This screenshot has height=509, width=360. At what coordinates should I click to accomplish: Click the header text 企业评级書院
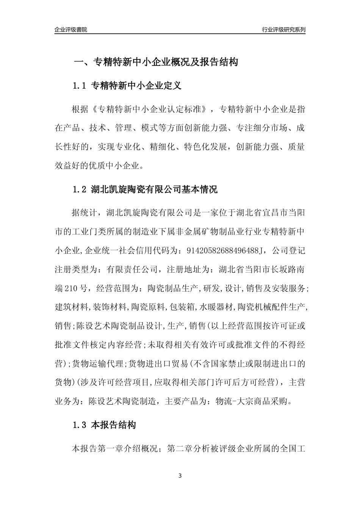[x=71, y=30]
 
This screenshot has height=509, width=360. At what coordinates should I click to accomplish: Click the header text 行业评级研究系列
[x=283, y=30]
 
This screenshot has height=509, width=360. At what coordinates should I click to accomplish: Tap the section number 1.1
[x=80, y=86]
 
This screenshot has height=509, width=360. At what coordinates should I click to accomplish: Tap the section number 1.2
[x=80, y=189]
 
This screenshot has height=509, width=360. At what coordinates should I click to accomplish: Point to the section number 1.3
[x=80, y=425]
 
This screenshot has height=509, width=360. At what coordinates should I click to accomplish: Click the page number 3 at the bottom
[x=180, y=476]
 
